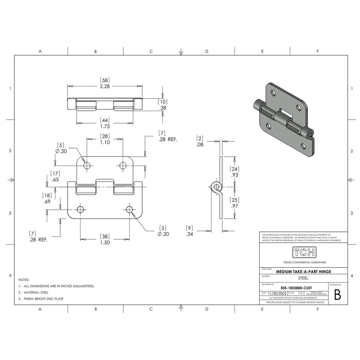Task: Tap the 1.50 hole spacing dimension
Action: (x=104, y=242)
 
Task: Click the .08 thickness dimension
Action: (x=200, y=145)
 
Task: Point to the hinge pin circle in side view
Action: (x=216, y=186)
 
